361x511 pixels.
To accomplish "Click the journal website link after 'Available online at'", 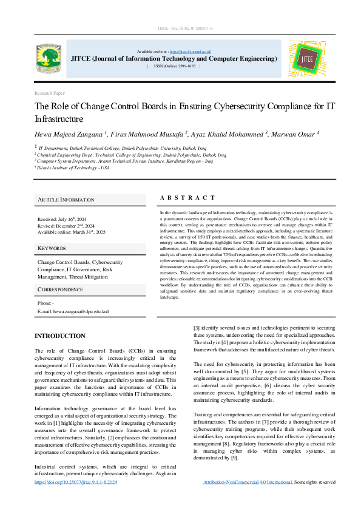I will click(x=189, y=52).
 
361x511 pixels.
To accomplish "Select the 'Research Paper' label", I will click(x=49, y=93).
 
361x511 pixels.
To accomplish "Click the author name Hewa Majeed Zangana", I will click(x=70, y=134).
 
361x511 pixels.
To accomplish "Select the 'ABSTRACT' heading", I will click(x=187, y=198).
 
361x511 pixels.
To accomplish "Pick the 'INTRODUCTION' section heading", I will click(x=59, y=336).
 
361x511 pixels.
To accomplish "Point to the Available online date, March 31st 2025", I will click(x=72, y=232).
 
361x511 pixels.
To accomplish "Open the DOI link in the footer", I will click(x=76, y=482).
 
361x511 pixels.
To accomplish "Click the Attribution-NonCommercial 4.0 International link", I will click(x=248, y=482).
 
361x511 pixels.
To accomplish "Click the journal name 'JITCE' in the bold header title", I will click(x=82, y=59).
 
